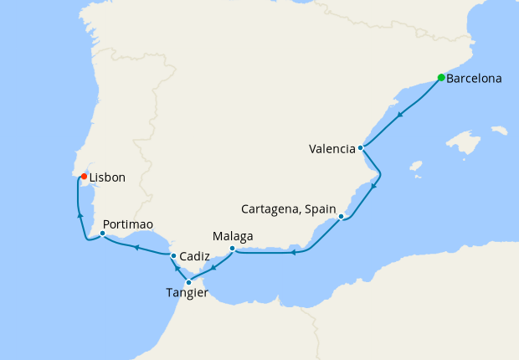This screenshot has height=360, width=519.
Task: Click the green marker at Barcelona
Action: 441,78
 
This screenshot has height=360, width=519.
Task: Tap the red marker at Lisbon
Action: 84,177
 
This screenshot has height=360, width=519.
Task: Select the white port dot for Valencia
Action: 360,148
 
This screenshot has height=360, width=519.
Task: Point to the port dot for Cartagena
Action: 342,217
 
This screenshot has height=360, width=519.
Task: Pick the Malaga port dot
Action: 232,248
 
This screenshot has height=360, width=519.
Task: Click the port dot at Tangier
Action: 189,282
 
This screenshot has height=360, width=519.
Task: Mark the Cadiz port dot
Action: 173,255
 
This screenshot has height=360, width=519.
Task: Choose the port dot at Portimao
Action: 102,234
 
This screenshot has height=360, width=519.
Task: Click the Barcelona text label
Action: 474,80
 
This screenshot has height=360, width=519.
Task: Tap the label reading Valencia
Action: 331,150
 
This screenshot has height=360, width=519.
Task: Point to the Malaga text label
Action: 233,236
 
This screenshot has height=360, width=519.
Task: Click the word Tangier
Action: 186,293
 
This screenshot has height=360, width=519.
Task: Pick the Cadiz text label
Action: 194,256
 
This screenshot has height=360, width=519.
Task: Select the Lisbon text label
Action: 107,178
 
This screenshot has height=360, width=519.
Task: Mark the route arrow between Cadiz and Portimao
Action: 136,246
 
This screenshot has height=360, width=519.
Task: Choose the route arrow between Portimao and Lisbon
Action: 80,215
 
